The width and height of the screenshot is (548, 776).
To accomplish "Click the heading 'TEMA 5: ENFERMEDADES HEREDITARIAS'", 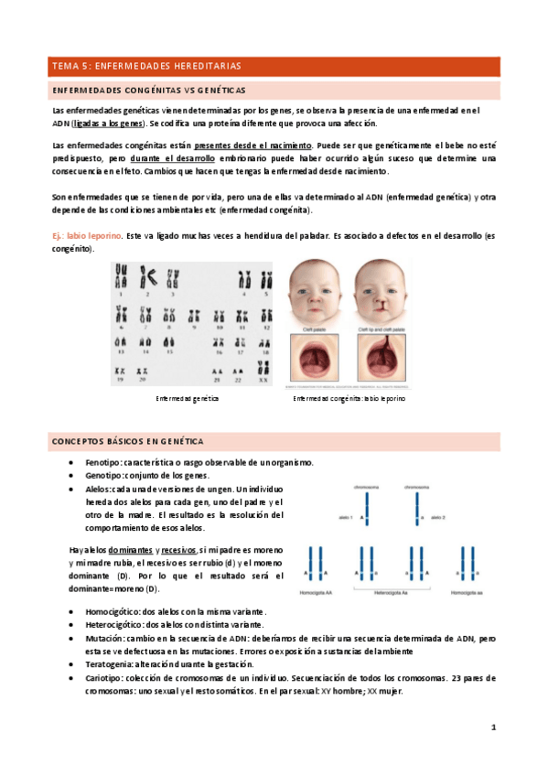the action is tap(146, 67).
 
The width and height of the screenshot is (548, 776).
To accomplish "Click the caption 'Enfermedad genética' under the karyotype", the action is tap(188, 399).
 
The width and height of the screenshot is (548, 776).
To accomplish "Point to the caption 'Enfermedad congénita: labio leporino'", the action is tap(349, 399).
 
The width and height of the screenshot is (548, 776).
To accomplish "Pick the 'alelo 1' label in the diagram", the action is tap(347, 518).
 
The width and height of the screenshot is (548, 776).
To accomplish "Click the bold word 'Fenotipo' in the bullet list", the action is tap(104, 463).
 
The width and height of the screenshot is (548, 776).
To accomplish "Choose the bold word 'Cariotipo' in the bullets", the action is tap(104, 678).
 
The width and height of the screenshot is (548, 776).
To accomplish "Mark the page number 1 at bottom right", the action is tap(493, 727).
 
